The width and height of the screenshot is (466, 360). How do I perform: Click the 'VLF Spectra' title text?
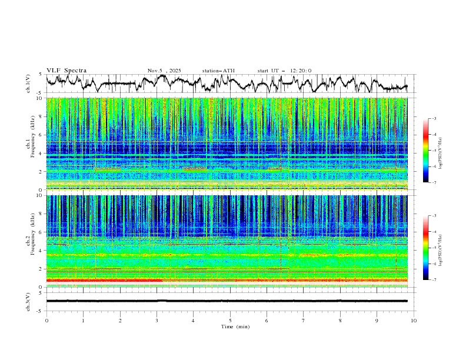coord(66,71)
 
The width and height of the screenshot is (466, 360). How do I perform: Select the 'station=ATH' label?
coord(218,71)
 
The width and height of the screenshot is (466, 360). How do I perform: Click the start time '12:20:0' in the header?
coord(300,71)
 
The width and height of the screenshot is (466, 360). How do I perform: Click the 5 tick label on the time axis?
coord(230,320)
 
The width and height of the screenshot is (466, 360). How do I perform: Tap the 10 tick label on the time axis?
coord(414,320)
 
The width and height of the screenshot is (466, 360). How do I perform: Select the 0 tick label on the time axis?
coord(46,320)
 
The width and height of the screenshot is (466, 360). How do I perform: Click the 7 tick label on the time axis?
coord(304,320)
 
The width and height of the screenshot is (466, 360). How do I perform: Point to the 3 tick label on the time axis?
coord(157,320)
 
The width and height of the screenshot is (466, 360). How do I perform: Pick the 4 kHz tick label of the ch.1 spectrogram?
coord(40,153)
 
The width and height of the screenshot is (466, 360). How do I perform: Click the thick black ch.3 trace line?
coord(230,301)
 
